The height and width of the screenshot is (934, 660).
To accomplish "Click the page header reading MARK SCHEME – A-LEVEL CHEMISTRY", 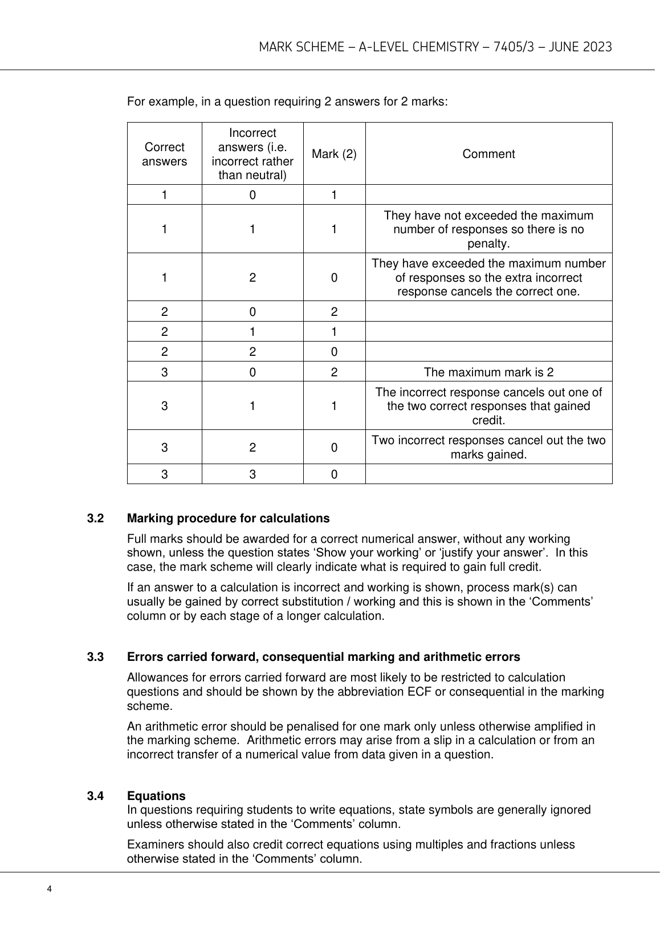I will [x=435, y=47].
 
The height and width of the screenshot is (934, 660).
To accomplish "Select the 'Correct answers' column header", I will [x=164, y=154].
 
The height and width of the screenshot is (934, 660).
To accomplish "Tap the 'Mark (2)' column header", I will [x=334, y=154].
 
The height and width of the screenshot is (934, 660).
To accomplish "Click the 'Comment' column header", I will [x=488, y=154].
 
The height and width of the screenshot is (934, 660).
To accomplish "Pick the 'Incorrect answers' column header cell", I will [x=252, y=154].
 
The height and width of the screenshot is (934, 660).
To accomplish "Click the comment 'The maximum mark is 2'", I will [x=488, y=372].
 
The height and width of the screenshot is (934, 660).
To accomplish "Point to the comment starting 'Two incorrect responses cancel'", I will [x=488, y=448].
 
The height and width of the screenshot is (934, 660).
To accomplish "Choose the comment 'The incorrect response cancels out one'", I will [x=488, y=406].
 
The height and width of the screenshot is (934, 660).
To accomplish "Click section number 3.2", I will [x=95, y=518].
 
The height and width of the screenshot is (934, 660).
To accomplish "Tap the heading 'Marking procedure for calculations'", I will [x=228, y=518].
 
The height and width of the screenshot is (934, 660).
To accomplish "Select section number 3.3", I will [x=95, y=657].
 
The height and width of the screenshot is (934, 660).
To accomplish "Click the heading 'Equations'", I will [x=156, y=795].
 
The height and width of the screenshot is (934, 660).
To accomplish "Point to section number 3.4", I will [x=95, y=795].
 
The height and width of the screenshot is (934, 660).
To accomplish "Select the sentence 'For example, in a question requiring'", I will [x=287, y=102].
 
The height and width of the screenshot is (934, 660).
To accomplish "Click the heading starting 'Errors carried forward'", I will [x=323, y=657].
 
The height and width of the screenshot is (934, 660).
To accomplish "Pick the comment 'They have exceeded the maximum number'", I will [x=488, y=278].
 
